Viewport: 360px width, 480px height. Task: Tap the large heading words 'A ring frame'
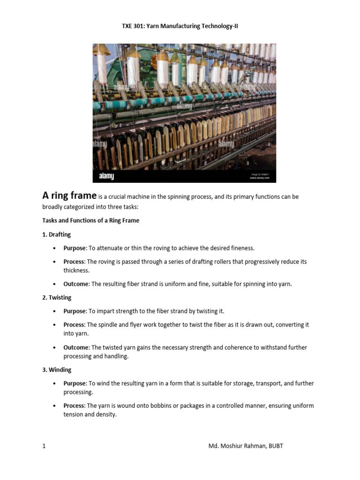tap(69, 195)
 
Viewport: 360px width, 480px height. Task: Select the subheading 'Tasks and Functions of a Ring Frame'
tap(91, 220)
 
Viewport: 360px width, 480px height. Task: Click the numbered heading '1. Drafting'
tap(57, 234)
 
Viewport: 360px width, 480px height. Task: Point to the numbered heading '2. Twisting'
tap(57, 298)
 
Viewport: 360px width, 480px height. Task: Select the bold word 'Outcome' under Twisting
tap(76, 347)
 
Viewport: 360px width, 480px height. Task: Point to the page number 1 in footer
tap(44, 446)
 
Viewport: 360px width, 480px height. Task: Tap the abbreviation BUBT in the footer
tap(276, 446)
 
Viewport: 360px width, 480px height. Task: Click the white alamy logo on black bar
tap(106, 176)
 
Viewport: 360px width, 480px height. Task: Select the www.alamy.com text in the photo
tap(259, 178)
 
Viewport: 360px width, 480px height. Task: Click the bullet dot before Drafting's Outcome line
tap(55, 284)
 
